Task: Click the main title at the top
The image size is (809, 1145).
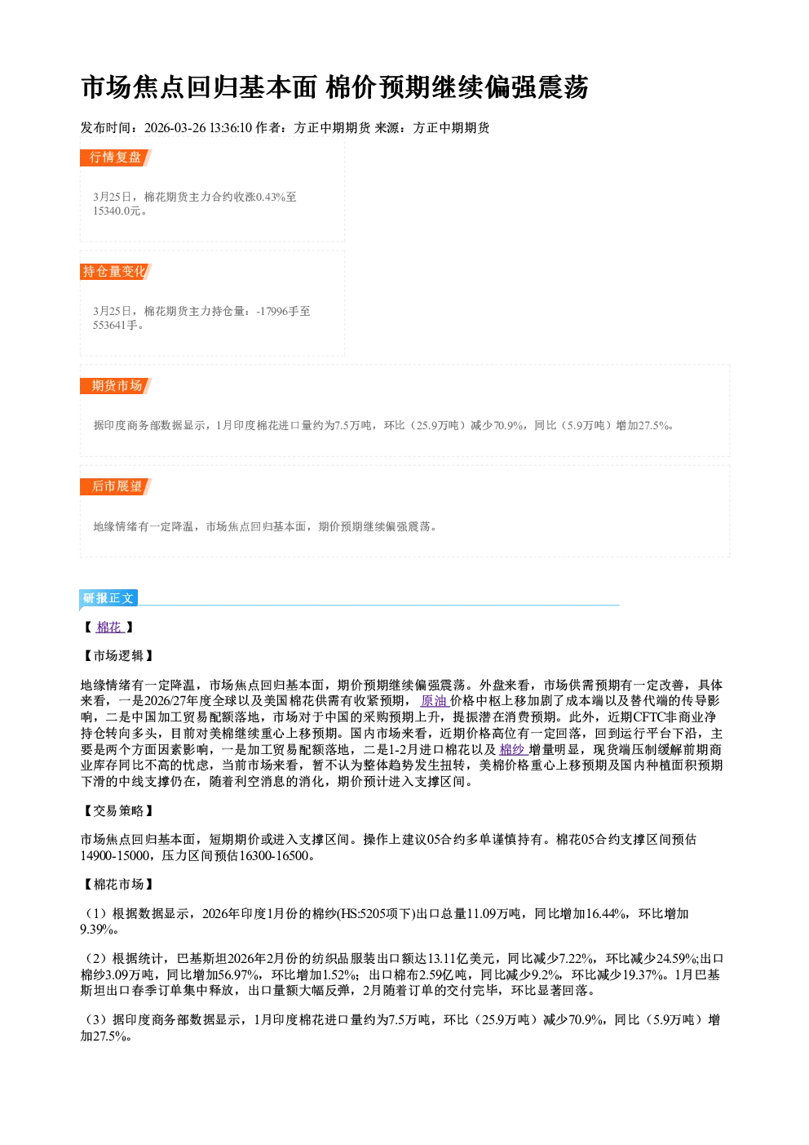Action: coord(334,87)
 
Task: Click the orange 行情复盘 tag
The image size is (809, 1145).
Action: coord(116,158)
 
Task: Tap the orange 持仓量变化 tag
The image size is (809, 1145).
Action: coord(116,272)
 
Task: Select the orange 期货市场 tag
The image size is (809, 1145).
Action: coord(116,385)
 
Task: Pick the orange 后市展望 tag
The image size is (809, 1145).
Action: coord(116,486)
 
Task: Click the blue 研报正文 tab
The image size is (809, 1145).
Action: coord(108,598)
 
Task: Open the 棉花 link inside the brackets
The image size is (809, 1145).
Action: coord(109,628)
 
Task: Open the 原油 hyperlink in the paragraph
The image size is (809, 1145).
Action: coord(434,701)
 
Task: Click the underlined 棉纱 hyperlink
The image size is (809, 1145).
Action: coord(513,749)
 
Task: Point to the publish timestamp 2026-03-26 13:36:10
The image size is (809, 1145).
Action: coord(198,128)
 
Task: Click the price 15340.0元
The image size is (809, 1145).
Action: coord(117,211)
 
